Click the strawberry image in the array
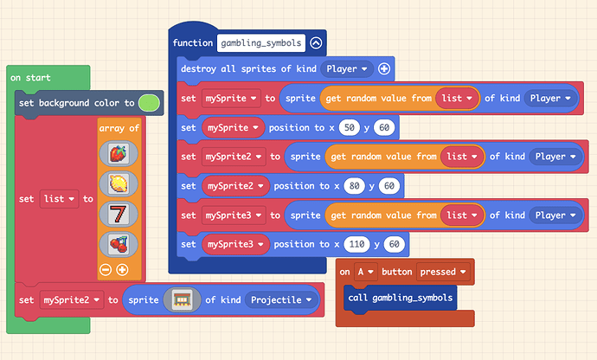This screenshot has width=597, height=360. point(119,153)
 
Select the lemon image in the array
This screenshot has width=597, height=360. point(119,183)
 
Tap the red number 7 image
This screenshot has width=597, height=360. point(119,214)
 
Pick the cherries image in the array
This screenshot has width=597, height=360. point(119,244)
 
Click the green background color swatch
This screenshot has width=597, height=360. point(149,103)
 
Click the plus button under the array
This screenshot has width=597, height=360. point(122,270)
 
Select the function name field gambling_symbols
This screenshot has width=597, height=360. point(261,43)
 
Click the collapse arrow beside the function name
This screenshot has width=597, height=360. point(316,43)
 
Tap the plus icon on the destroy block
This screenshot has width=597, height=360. point(384,68)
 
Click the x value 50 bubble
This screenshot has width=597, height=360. point(350,127)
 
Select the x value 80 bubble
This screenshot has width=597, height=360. point(354,186)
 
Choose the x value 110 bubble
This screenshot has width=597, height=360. point(356,244)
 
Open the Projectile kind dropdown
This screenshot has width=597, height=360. point(281,300)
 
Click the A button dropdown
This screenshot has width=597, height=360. point(365,272)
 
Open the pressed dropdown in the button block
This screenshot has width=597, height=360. point(443,272)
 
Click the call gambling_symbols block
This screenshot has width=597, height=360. point(400,298)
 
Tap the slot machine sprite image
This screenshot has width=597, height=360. point(182,300)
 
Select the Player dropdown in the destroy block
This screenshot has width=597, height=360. point(347,69)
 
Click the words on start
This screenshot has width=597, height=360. point(30,78)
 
